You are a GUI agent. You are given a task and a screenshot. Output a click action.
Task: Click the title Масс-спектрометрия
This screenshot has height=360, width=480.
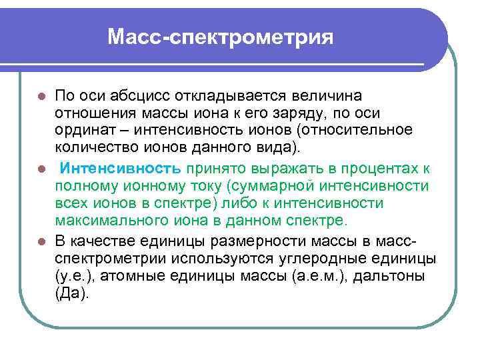(220, 36)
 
